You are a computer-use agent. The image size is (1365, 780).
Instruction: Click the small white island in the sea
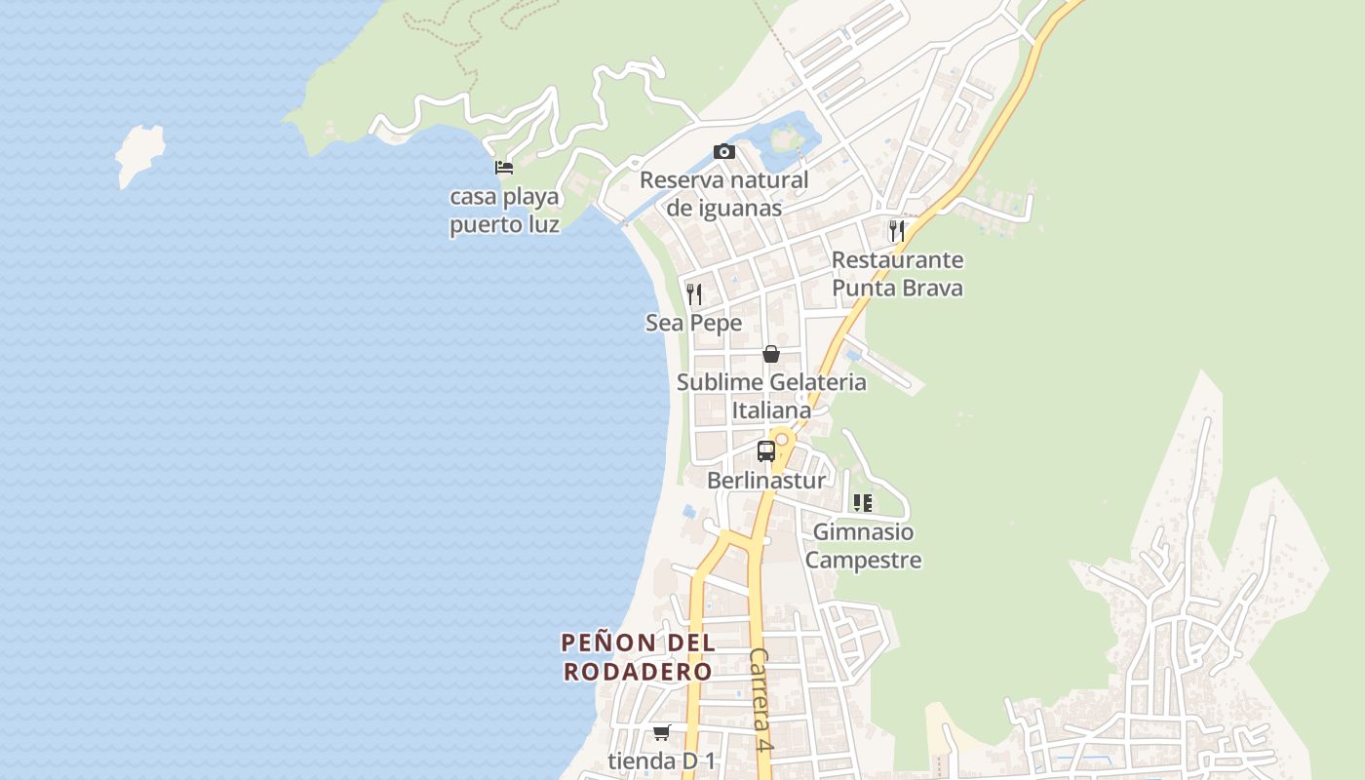pos(138,153)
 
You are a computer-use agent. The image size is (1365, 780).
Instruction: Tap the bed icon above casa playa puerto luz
pos(504,168)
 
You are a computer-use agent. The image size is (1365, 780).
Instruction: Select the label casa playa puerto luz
pos(504,211)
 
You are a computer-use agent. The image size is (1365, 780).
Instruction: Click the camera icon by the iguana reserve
pos(723,151)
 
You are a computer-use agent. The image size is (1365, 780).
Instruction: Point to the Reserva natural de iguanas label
pos(723,194)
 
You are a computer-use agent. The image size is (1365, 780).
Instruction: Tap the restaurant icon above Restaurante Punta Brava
pos(896,231)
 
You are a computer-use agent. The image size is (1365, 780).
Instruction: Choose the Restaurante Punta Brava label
pos(897,274)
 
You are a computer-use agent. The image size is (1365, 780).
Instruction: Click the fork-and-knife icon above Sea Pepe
pos(694,293)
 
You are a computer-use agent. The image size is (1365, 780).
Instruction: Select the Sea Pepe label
pos(693,323)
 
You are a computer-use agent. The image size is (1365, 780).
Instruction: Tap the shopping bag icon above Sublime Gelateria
pos(771,353)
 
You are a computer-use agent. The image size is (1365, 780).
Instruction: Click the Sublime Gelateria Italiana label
pos(771,396)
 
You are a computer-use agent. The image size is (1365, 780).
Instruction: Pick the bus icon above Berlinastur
pos(766,451)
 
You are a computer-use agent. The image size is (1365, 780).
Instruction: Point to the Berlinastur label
pos(766,481)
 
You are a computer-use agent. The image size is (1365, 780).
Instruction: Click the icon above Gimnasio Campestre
pos(862,503)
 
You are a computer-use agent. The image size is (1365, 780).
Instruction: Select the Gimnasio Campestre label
pos(863,546)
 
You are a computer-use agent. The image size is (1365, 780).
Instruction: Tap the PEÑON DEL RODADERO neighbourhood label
pos(638,657)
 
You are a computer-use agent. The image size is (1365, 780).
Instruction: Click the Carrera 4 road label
pos(761,699)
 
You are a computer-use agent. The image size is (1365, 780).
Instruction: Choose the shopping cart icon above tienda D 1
pos(662,732)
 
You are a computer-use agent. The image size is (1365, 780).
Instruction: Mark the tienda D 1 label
pos(662,760)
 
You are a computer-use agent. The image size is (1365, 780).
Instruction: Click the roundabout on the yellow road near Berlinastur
pos(781,440)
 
